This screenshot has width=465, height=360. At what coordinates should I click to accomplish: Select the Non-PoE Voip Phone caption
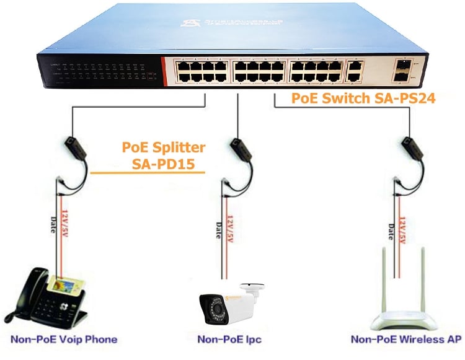pos(64,339)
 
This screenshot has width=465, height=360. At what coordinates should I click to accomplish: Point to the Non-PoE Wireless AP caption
pos(406,339)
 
